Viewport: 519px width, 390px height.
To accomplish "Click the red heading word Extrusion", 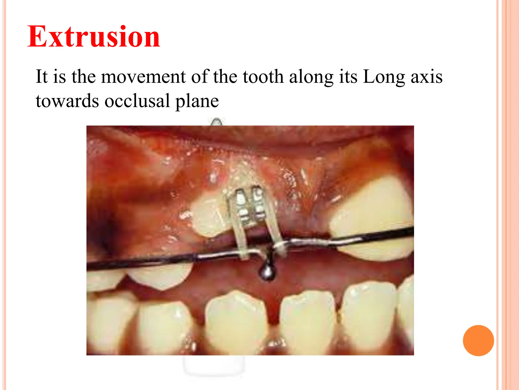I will pyautogui.click(x=94, y=37).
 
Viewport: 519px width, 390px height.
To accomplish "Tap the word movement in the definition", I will pyautogui.click(x=143, y=77).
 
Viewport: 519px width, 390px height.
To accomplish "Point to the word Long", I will pyautogui.click(x=384, y=77).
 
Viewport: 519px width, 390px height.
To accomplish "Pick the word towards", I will pyautogui.click(x=67, y=101).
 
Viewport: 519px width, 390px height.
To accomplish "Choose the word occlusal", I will pyautogui.click(x=137, y=101).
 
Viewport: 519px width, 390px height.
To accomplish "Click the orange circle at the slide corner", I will pyautogui.click(x=478, y=340).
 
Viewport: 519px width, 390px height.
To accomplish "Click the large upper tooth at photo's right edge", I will pyautogui.click(x=373, y=218).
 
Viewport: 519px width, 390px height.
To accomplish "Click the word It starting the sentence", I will pyautogui.click(x=42, y=77).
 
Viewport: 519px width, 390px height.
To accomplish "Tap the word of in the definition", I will pyautogui.click(x=199, y=77).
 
